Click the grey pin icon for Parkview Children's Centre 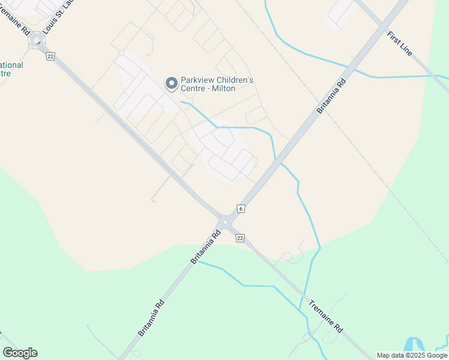(172, 83)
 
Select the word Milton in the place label (221, 89)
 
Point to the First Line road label (400, 44)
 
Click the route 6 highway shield (241, 208)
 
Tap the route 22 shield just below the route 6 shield (240, 238)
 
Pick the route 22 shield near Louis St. (50, 56)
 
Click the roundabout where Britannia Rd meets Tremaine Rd (225, 223)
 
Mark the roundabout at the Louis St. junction (37, 41)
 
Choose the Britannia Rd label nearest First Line (333, 95)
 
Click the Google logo (20, 353)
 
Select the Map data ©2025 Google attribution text (411, 355)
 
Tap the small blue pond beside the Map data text (414, 344)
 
